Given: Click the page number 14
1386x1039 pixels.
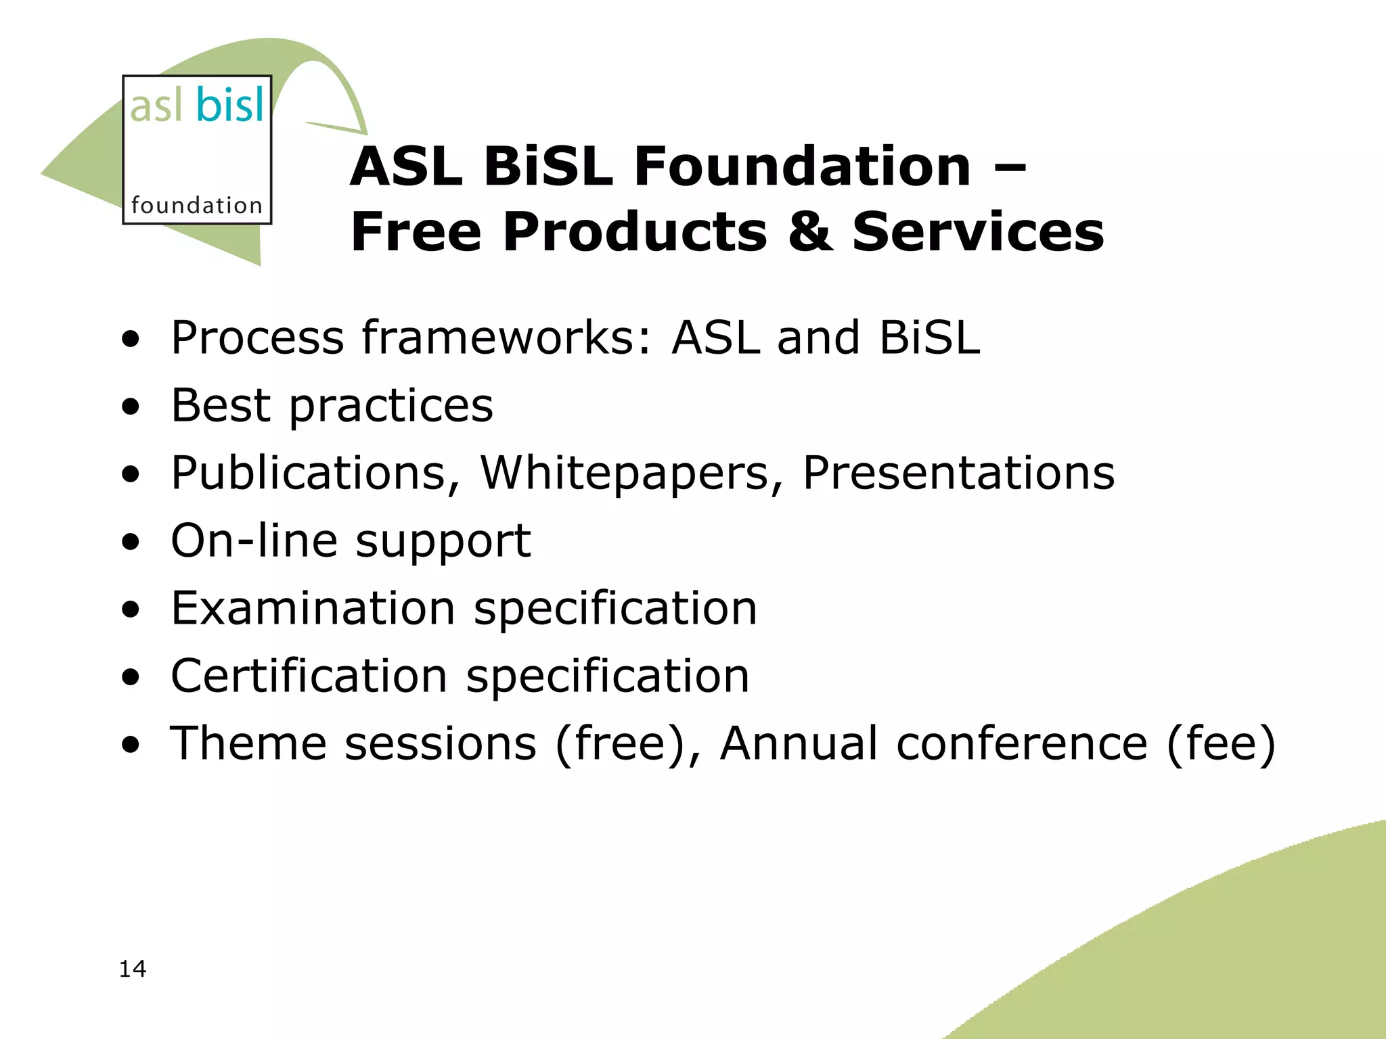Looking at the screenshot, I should point(133,969).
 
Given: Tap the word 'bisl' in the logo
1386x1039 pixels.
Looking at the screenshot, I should point(230,106).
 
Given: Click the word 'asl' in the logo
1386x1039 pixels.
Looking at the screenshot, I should point(156,106).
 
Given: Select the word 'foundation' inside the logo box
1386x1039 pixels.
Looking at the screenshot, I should point(196,205).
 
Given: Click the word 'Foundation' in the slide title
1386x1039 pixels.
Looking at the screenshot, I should point(802,167).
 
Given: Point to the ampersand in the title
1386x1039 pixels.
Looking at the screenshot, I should point(810,232).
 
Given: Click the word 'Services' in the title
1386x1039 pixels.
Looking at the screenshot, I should point(978,232).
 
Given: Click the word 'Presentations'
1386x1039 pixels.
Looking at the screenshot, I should point(958,473).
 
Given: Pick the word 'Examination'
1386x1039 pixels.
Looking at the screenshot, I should point(313,608).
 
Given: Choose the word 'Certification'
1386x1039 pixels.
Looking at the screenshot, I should point(309,676).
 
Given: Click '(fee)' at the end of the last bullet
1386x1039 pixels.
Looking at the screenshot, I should point(1221,743).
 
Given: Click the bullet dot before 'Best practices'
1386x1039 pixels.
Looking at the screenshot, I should point(131,407).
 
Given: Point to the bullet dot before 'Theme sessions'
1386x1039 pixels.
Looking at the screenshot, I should point(131,745).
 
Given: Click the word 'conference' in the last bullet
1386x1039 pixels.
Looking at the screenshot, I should point(1021,743).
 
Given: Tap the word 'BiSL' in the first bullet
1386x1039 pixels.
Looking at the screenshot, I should point(929,338).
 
